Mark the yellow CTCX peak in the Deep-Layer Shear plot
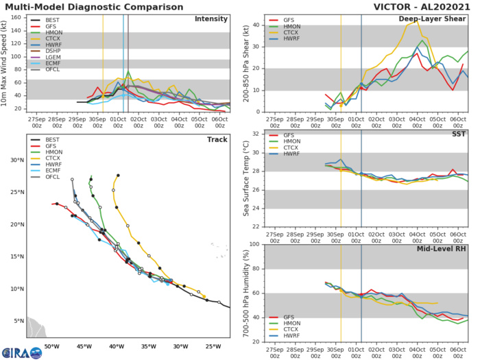417,19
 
